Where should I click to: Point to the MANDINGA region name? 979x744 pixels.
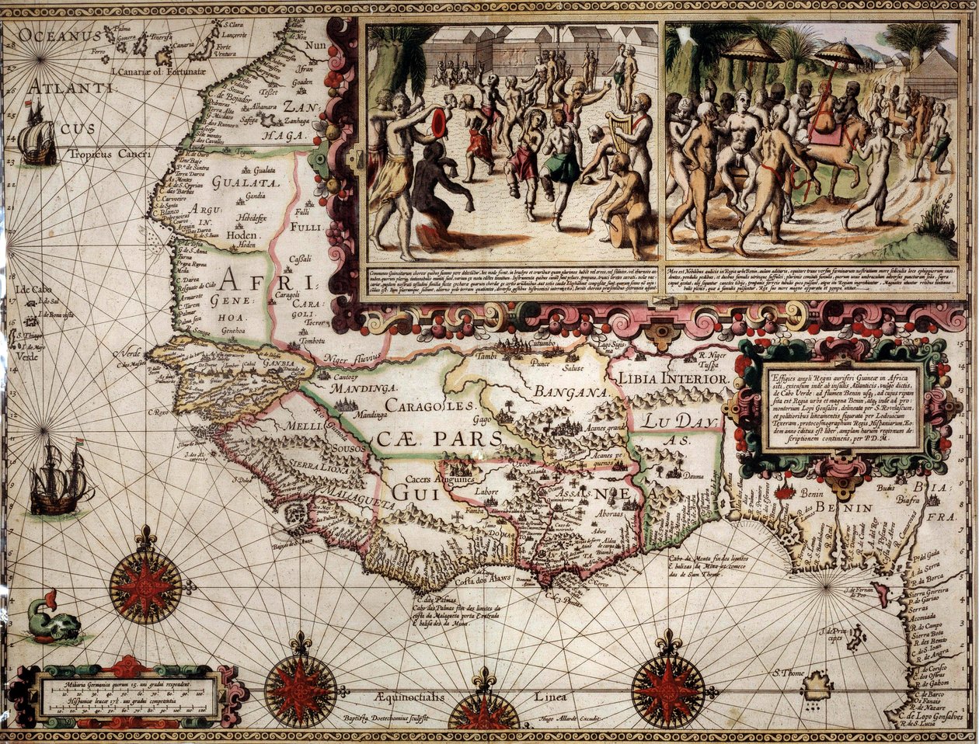tap(363, 387)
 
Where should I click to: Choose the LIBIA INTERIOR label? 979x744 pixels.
tap(673, 378)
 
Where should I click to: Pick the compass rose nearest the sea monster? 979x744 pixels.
tap(145, 584)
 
